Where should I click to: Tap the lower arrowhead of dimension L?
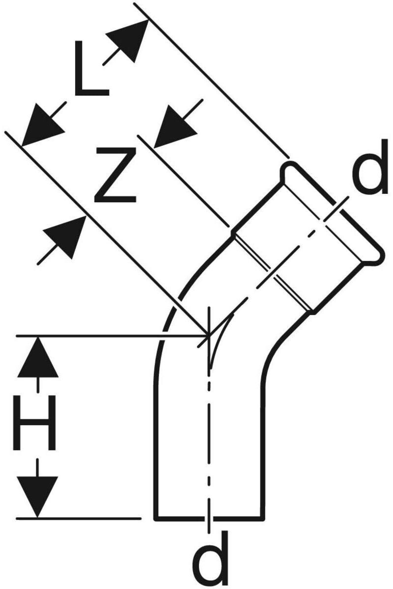(x=42, y=125)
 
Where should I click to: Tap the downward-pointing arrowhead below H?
(x=37, y=496)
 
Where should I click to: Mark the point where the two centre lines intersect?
(x=209, y=335)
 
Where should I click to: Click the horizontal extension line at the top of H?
(x=98, y=336)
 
